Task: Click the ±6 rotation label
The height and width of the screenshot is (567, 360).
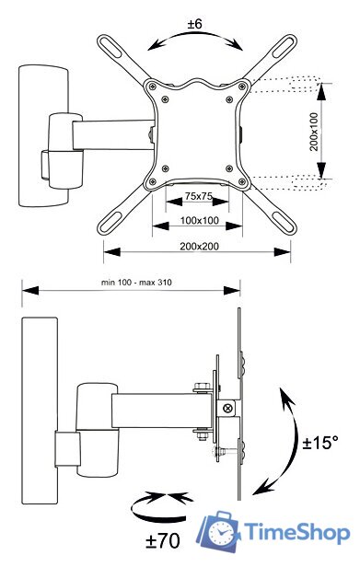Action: click(x=194, y=24)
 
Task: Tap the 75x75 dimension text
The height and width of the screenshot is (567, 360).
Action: click(x=198, y=196)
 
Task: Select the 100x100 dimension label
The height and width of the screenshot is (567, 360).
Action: click(x=200, y=220)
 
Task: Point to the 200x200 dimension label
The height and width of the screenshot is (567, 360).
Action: click(x=200, y=247)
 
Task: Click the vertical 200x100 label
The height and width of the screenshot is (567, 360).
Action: click(x=314, y=132)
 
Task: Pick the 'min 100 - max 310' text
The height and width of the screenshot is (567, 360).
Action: click(x=136, y=282)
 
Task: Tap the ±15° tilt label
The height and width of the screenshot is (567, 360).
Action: click(x=320, y=442)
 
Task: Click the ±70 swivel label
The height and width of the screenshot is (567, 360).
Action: click(x=163, y=541)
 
